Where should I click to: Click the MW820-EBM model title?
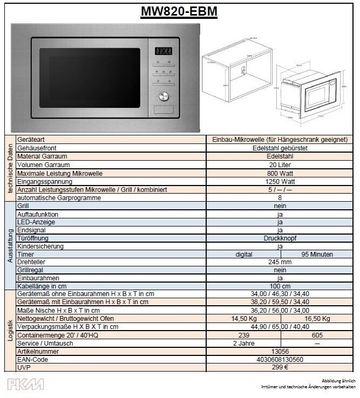coord(179,11)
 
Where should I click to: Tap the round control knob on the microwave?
coord(164,96)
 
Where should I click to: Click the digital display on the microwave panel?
coord(164,51)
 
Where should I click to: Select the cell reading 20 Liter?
coord(280,165)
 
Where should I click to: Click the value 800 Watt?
coord(280,173)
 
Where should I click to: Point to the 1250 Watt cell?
coord(280,181)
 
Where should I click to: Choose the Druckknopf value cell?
coord(280,238)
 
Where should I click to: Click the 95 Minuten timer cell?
coord(317,254)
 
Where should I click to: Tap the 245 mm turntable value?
coord(280,262)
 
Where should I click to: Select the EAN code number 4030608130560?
coord(280,359)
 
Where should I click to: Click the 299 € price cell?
coord(280,367)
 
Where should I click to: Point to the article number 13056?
coord(280,351)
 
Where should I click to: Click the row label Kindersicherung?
coord(40,246)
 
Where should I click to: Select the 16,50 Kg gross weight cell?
coord(317,319)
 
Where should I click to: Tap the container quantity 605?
coord(317,335)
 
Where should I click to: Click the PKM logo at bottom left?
coord(25,384)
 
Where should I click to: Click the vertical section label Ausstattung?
coord(10,245)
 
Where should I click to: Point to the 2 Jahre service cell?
coord(243,343)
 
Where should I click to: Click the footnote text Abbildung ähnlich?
coord(338,380)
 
